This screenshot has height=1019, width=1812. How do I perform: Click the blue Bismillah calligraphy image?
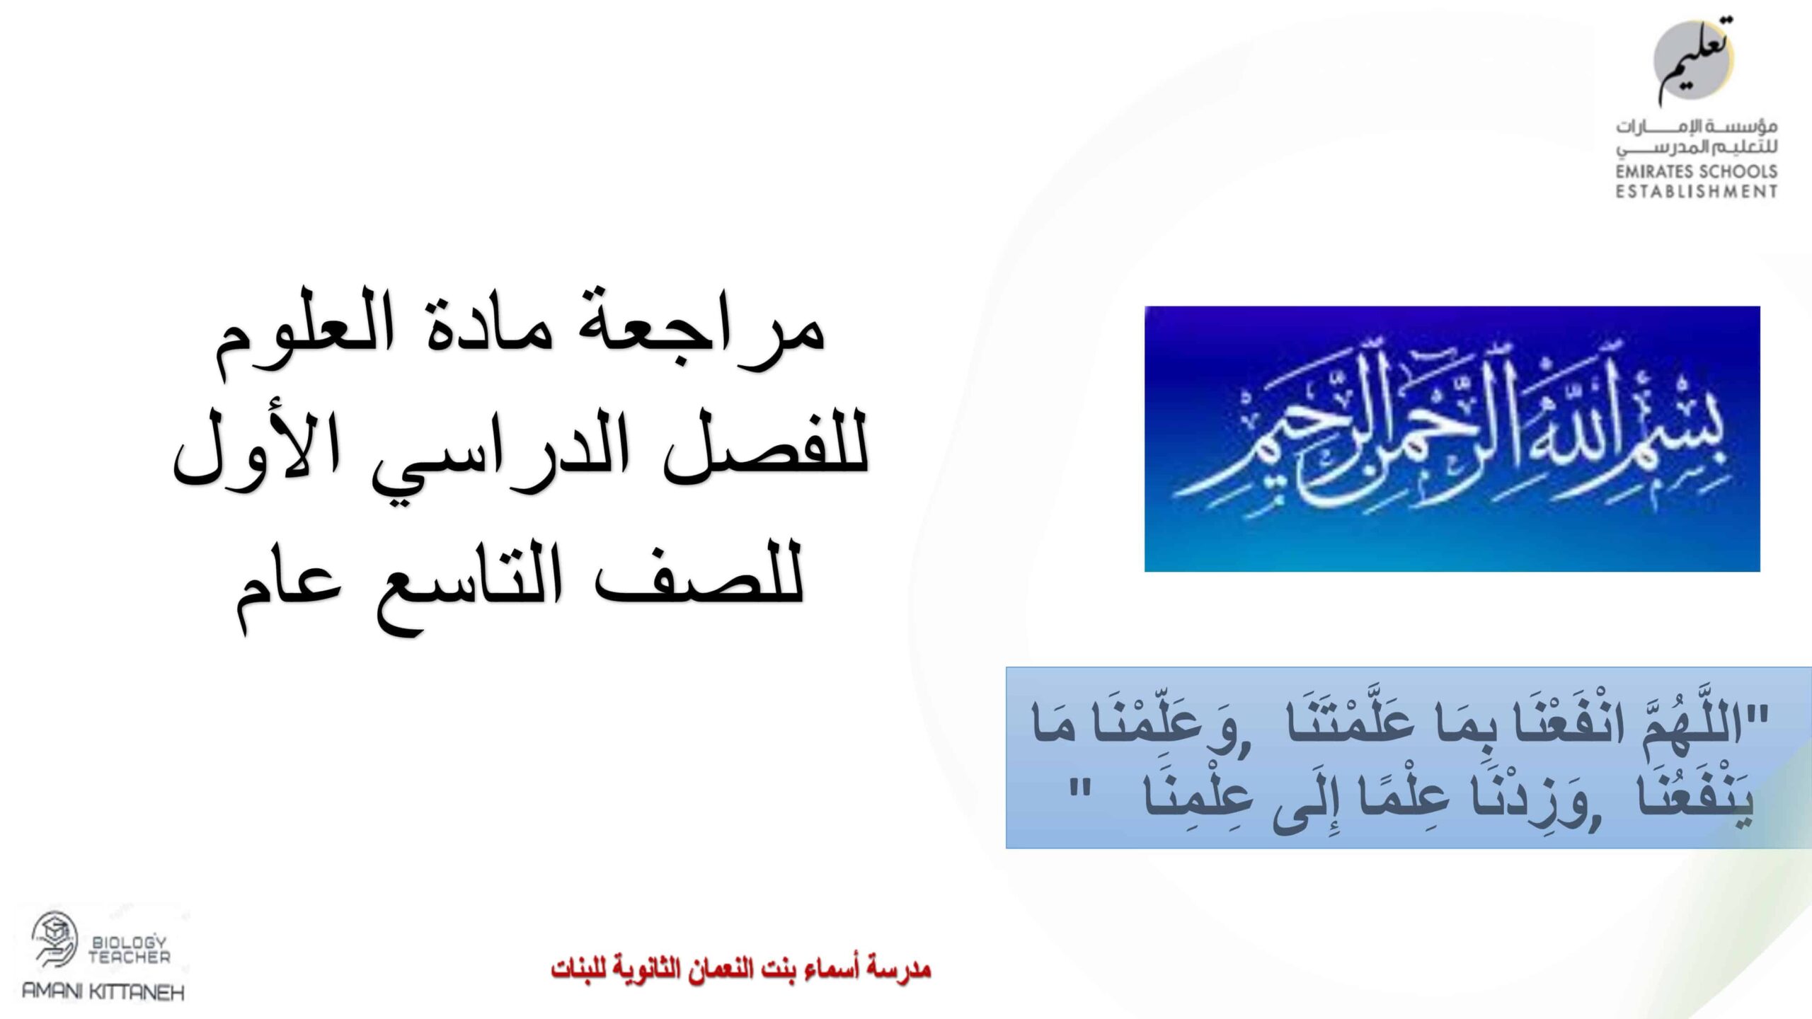1452,438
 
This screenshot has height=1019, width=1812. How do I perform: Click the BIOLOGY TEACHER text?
129,950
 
